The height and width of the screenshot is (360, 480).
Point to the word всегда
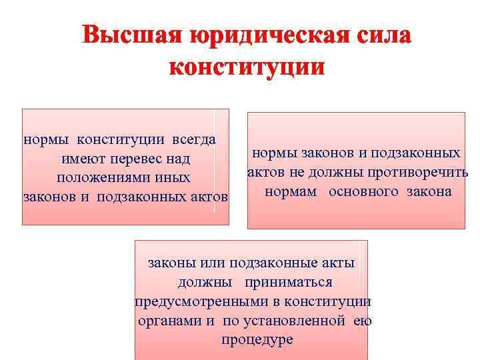[x=194, y=140]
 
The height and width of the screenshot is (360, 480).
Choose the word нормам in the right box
[x=288, y=192]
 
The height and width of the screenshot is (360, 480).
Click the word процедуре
[x=257, y=340]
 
